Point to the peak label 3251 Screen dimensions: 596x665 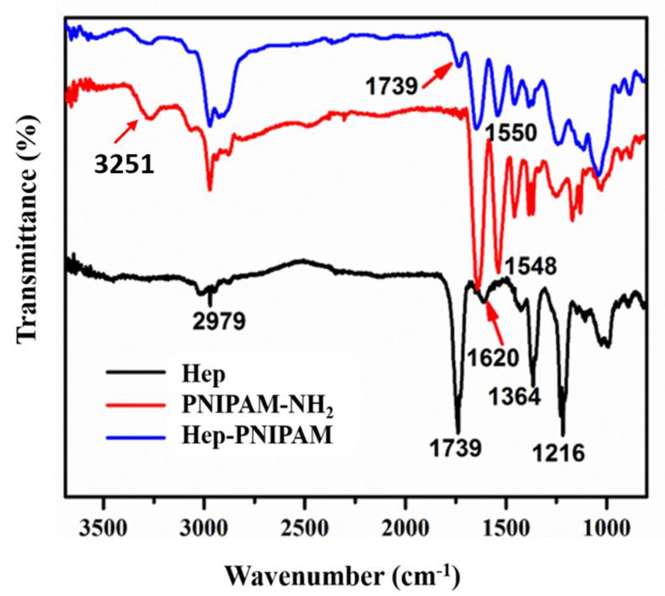click(123, 164)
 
